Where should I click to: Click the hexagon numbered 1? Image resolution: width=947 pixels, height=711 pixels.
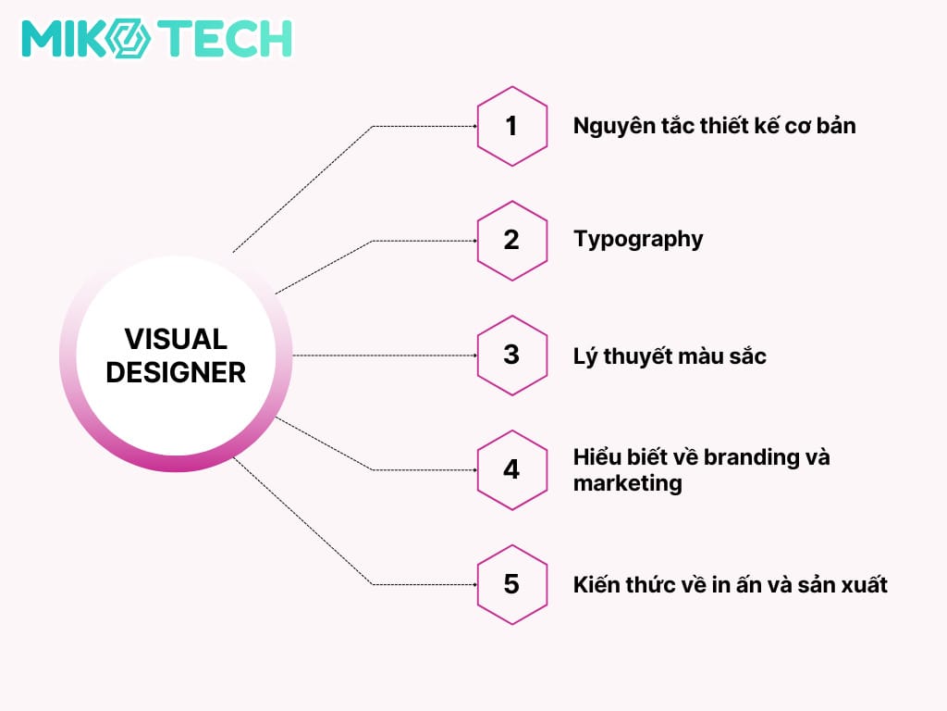511,126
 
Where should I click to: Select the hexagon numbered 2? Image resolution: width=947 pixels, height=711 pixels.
511,241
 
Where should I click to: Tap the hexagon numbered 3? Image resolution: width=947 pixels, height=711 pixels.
511,355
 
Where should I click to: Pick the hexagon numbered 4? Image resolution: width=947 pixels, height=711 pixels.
511,469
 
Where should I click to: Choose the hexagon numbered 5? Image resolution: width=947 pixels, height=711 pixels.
511,584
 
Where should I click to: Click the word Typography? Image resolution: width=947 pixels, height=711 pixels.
638,240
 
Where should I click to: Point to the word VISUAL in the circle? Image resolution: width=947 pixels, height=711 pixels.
176,339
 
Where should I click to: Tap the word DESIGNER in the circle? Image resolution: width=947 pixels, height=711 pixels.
176,372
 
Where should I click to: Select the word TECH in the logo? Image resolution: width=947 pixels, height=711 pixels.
228,40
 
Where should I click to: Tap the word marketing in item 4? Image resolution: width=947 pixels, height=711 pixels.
627,482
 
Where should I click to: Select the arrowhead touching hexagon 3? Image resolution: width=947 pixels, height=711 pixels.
474,355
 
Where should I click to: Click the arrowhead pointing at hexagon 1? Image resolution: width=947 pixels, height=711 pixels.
474,126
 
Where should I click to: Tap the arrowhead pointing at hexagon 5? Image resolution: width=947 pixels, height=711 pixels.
474,584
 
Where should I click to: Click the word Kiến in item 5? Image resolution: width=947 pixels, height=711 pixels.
596,584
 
